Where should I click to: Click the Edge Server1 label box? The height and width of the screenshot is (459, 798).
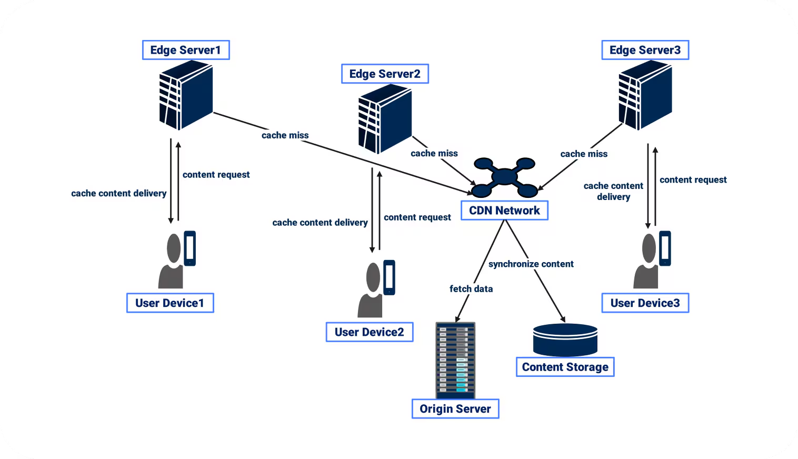pos(186,50)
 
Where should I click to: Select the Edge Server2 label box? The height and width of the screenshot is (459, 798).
pos(385,74)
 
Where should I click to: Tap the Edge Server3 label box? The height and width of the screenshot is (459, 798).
pos(645,50)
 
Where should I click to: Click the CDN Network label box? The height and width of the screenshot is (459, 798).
pos(504,211)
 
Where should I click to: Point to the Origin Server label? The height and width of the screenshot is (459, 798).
pos(455,409)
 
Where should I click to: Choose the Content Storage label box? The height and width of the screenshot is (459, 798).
pos(565,367)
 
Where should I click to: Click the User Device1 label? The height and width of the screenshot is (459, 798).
pos(170,303)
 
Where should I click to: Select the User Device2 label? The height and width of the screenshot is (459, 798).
pos(369,332)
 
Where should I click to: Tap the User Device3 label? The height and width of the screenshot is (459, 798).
pos(645,303)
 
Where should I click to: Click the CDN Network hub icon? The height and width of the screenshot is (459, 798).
pos(504,177)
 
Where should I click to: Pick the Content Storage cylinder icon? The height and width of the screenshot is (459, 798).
pos(565,340)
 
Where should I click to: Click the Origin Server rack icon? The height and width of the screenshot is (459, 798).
pos(455,360)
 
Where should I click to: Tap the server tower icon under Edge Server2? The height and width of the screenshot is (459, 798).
pos(385,118)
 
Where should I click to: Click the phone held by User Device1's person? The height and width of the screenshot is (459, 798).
pos(189,248)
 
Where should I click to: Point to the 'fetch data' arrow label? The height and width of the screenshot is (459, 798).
pos(471,289)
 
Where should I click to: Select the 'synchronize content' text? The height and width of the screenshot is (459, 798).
pos(531,264)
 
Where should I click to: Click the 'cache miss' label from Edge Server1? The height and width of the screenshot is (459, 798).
pos(285,135)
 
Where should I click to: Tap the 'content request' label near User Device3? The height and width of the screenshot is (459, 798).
pos(693,180)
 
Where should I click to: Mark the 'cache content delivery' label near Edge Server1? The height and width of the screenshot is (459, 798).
pos(118,194)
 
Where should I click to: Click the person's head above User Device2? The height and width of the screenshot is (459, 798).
pos(373,277)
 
